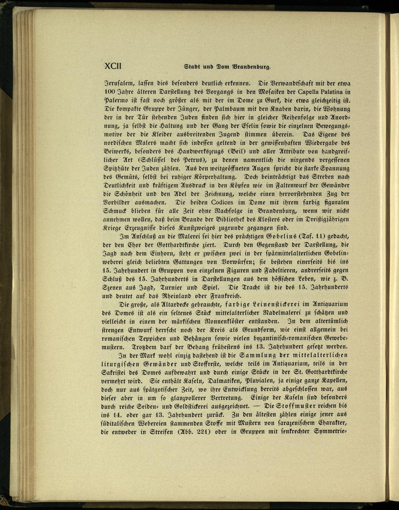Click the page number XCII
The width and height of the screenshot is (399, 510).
(x=113, y=66)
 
